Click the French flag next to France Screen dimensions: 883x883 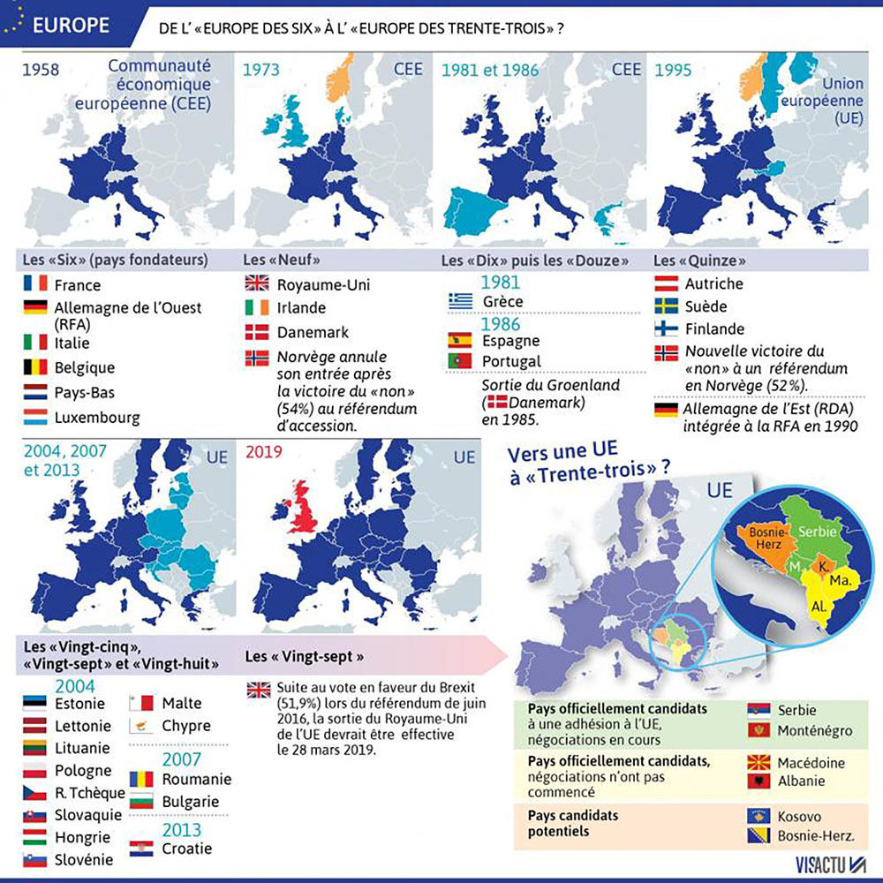[36, 284]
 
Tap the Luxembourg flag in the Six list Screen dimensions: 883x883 [36, 417]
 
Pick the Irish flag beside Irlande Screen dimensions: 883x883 [257, 308]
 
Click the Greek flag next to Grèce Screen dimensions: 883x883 [461, 300]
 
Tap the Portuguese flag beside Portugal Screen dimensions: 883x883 [461, 360]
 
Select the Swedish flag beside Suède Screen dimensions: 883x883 [666, 306]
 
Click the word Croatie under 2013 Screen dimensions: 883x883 [186, 849]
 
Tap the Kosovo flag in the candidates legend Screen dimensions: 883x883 [758, 817]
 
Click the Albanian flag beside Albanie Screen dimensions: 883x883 [758, 781]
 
